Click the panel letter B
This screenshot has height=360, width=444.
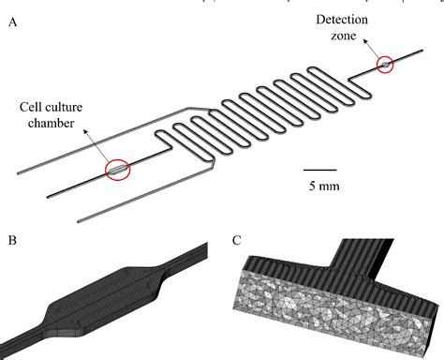coord(11,241)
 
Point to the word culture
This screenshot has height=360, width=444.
coord(68,107)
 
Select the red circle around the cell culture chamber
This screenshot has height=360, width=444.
coord(118,170)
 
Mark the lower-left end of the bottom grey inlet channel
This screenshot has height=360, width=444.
coord(77,223)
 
